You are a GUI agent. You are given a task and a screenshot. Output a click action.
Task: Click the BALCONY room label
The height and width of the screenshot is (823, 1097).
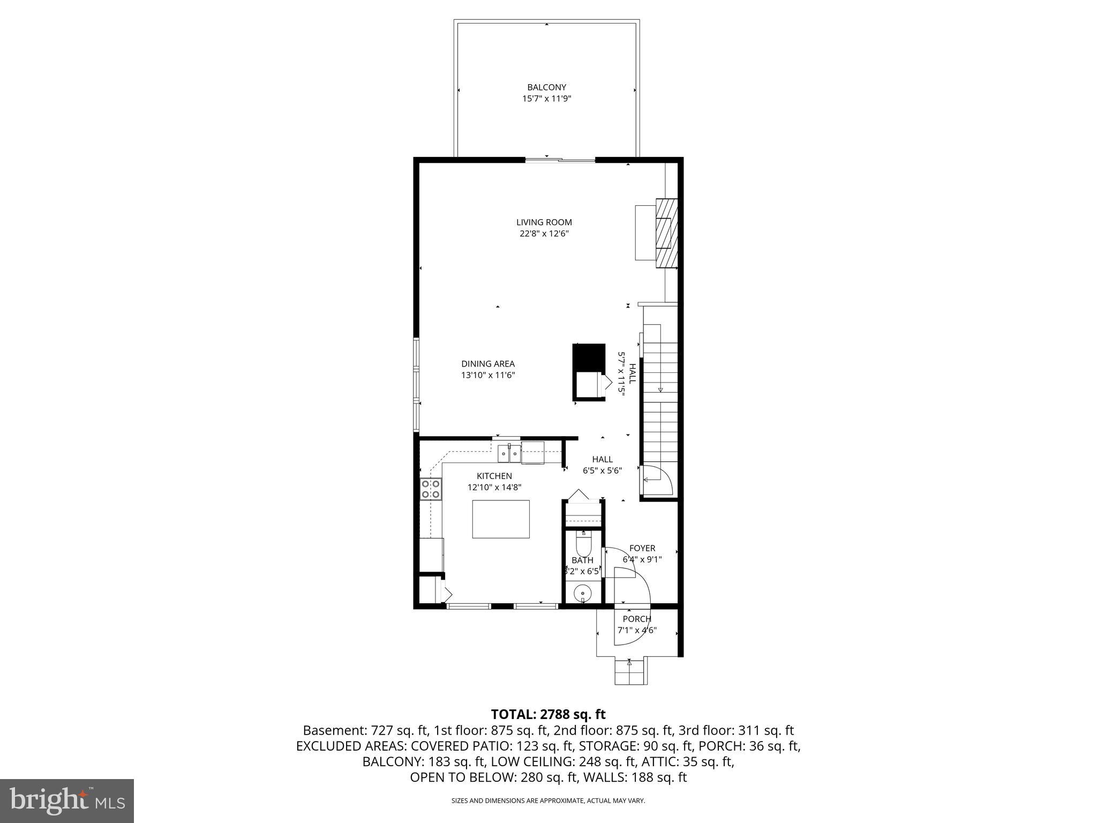[546, 87]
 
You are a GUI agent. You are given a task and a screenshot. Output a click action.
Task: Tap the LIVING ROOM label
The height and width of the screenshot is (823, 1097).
[544, 222]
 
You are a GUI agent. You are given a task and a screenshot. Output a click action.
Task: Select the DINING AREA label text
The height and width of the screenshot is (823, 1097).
[488, 364]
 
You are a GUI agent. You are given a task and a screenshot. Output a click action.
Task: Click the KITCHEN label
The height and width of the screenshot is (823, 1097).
[494, 476]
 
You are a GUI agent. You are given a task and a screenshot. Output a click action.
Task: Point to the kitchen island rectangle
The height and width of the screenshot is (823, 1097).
[501, 519]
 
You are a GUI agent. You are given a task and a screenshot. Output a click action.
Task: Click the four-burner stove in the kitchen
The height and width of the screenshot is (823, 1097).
[430, 489]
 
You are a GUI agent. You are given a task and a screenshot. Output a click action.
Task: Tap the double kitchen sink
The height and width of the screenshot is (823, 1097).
[509, 453]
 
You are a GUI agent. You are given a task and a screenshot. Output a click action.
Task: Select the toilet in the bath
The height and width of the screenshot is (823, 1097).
[582, 544]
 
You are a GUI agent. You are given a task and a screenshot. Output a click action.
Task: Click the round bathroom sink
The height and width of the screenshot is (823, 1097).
[582, 593]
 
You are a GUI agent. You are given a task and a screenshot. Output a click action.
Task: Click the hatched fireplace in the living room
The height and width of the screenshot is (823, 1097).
[667, 233]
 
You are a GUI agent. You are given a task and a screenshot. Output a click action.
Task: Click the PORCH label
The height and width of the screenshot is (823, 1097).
[637, 619]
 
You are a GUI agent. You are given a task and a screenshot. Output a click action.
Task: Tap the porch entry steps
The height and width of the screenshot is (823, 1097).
[630, 672]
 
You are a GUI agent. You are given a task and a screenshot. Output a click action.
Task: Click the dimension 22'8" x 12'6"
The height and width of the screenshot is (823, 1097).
[544, 234]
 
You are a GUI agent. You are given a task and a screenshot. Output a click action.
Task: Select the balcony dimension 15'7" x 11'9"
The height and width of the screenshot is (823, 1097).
[546, 99]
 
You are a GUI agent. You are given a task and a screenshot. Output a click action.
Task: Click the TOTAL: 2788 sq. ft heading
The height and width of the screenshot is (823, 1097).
[548, 714]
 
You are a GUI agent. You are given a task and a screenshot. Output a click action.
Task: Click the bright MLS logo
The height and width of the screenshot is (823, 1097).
[67, 800]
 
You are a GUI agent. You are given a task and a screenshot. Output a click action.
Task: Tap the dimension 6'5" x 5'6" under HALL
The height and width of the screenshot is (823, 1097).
[603, 471]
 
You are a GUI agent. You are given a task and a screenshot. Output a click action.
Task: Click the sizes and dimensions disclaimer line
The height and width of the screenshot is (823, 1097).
[548, 800]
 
